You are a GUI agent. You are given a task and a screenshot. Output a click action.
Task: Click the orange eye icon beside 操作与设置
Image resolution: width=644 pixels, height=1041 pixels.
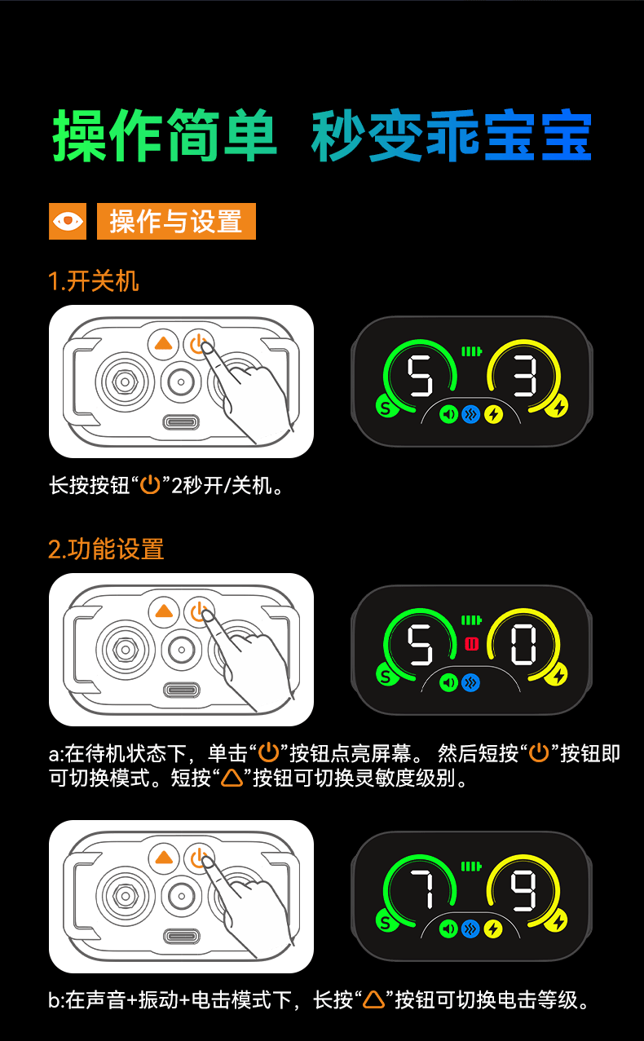pyautogui.click(x=68, y=221)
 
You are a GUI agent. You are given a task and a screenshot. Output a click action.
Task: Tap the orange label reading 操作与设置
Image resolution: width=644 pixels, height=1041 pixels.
pyautogui.click(x=176, y=221)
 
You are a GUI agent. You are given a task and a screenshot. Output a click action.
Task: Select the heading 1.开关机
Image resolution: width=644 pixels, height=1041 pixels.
pyautogui.click(x=94, y=280)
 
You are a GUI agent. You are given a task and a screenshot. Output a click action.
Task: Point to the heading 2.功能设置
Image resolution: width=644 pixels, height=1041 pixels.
pyautogui.click(x=106, y=549)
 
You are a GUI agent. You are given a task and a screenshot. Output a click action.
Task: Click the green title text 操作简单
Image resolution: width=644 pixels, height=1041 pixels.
pyautogui.click(x=165, y=135)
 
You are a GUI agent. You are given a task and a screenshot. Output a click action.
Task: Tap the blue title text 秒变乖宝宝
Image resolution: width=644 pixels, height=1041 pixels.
pyautogui.click(x=451, y=135)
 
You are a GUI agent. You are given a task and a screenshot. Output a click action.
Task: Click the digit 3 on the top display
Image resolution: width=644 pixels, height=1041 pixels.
pyautogui.click(x=525, y=376)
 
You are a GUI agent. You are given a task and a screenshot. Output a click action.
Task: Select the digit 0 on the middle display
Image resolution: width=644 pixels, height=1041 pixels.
pyautogui.click(x=523, y=645)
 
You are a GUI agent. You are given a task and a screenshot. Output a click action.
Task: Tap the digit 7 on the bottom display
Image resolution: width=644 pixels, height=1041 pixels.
pyautogui.click(x=421, y=890)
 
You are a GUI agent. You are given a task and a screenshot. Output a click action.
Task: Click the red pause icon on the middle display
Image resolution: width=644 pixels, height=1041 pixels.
pyautogui.click(x=472, y=644)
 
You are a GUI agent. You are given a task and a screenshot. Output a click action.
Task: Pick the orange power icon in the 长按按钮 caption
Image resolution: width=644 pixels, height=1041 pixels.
pyautogui.click(x=150, y=485)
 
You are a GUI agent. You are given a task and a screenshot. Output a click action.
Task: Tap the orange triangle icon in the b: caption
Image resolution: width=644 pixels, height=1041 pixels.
pyautogui.click(x=373, y=999)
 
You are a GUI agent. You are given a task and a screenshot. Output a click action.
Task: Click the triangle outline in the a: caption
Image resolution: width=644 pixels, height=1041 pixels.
pyautogui.click(x=232, y=778)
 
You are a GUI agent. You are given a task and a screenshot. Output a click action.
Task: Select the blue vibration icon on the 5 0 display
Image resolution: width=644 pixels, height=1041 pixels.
pyautogui.click(x=470, y=682)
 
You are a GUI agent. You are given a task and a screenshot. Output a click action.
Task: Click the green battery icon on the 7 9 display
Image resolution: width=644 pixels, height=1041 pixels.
pyautogui.click(x=471, y=867)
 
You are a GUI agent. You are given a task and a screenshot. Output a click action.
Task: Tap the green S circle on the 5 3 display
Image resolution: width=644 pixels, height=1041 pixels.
pyautogui.click(x=386, y=408)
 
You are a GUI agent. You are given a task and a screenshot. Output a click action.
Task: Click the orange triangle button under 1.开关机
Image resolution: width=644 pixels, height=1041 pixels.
pyautogui.click(x=163, y=344)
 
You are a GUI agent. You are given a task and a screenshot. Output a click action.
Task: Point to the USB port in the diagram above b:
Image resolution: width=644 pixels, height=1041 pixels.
pyautogui.click(x=181, y=937)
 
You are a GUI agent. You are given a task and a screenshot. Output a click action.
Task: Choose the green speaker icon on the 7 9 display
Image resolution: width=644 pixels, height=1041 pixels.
pyautogui.click(x=448, y=929)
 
